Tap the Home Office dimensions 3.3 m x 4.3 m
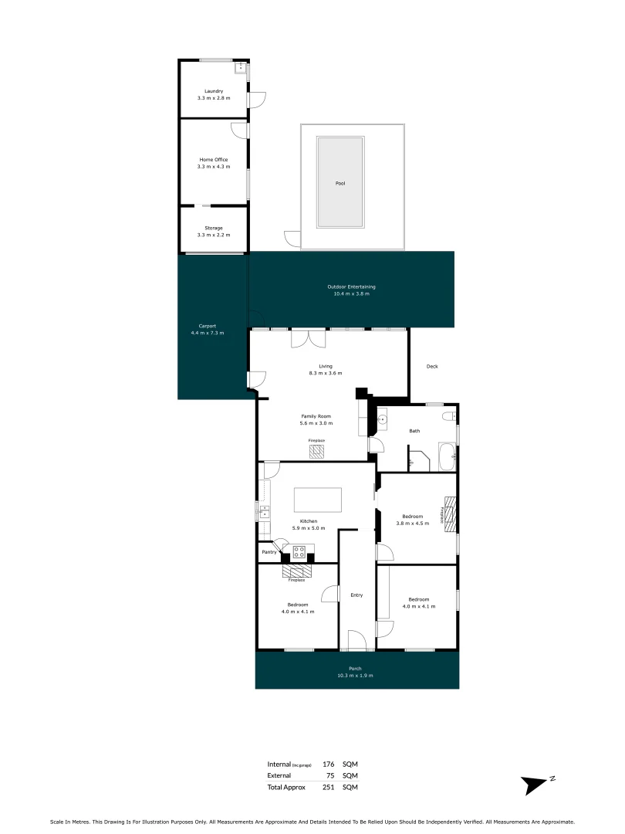point(214,167)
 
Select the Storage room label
point(214,228)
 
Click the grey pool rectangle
point(340,182)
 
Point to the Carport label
point(208,326)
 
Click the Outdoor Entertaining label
point(351,286)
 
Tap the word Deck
point(432,367)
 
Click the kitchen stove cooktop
point(299,551)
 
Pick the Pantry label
point(269,552)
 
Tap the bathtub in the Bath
point(448,457)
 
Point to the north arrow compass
point(537,783)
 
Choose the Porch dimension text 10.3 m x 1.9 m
point(355,676)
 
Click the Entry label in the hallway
point(356,595)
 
